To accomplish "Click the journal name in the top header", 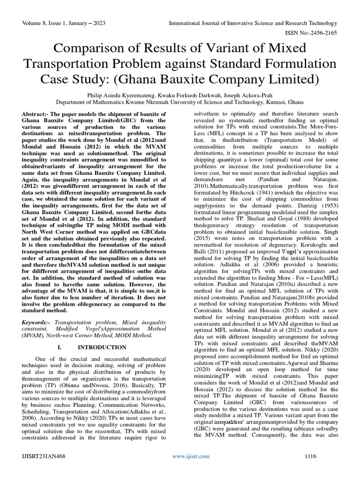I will [x=253, y=23].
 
